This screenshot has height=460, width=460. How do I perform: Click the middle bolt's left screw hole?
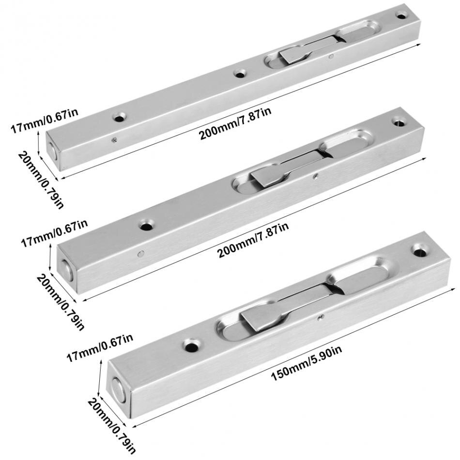[x=145, y=225]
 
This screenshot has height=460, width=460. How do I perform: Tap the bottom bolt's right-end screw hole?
[x=419, y=250]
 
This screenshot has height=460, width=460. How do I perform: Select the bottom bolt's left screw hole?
[x=190, y=345]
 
